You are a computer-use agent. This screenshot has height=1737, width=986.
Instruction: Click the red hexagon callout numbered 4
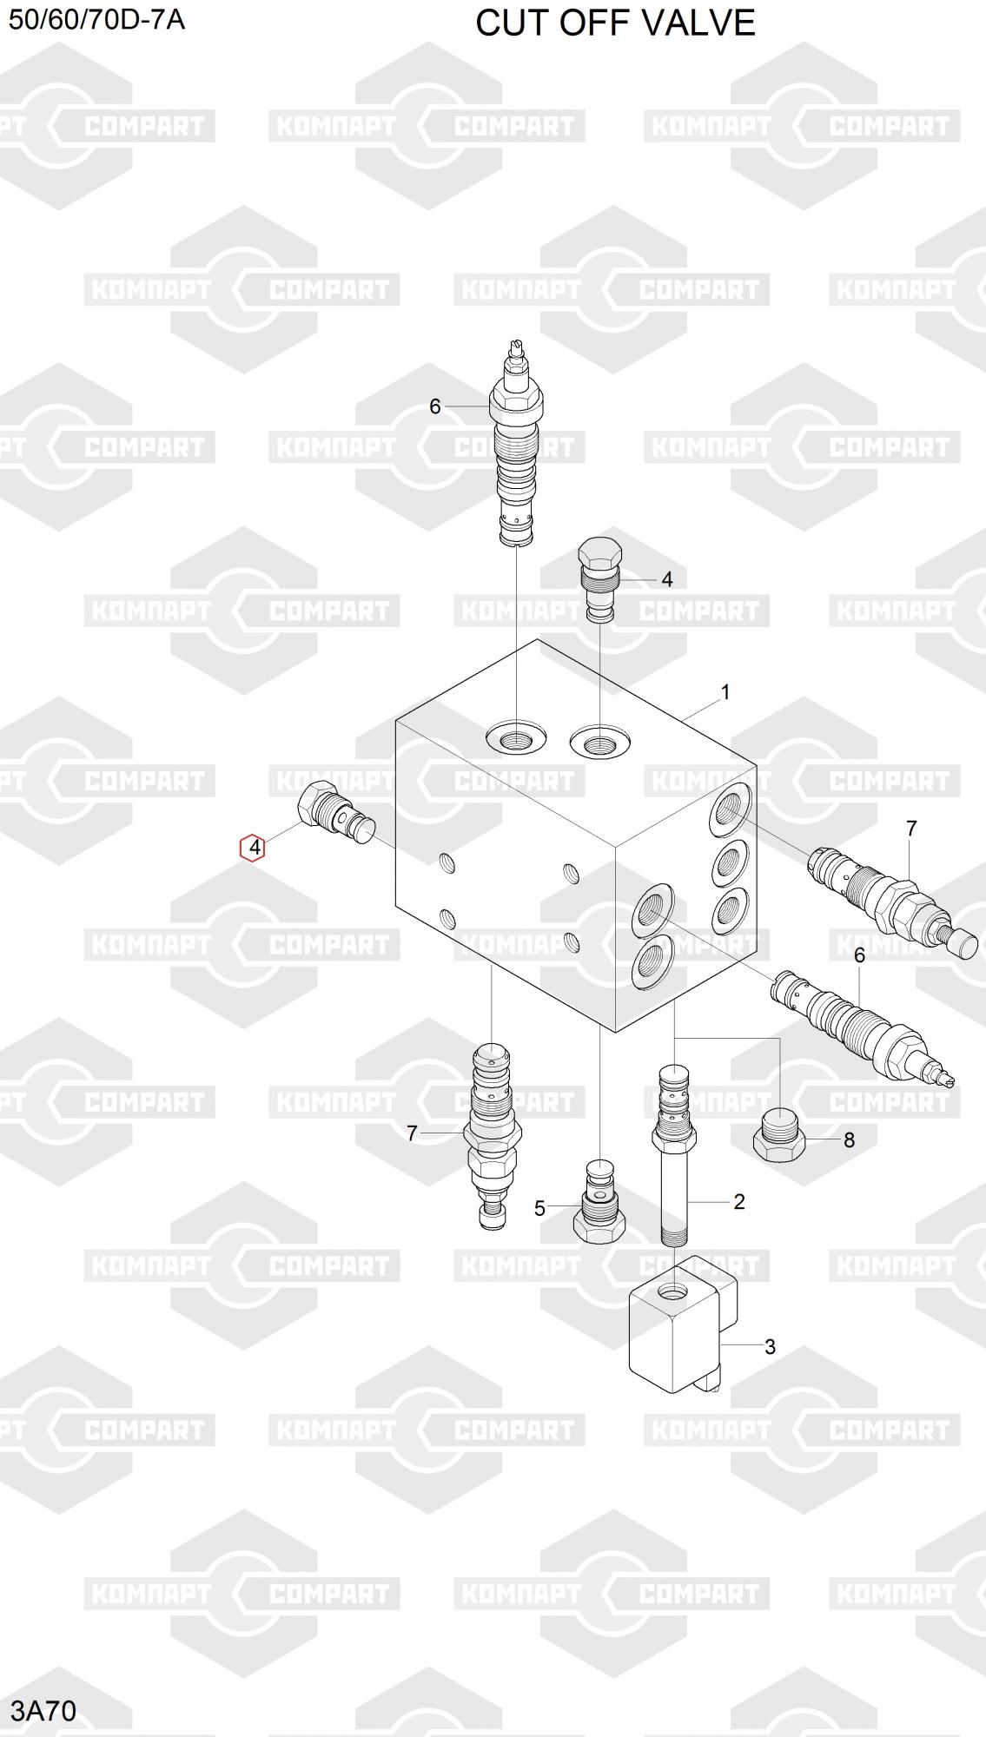(252, 847)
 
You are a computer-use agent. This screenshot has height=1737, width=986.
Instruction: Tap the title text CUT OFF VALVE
(615, 23)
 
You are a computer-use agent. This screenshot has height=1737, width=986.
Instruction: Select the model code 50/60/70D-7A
(96, 19)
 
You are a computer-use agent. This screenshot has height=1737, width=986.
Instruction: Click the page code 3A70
(43, 1710)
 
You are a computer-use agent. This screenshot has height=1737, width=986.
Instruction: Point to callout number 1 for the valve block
(725, 692)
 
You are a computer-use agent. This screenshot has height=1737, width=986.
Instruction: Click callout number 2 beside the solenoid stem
(739, 1201)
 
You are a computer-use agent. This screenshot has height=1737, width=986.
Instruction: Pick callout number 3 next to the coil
(770, 1346)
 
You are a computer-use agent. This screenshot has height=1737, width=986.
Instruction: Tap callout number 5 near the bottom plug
(539, 1208)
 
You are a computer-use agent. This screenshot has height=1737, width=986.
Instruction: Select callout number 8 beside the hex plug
(850, 1139)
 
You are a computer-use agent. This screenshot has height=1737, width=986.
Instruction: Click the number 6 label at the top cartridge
(435, 406)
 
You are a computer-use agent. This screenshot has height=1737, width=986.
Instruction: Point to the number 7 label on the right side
(911, 829)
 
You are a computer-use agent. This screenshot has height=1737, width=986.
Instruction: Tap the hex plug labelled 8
(779, 1135)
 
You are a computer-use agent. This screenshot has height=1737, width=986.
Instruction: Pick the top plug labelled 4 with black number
(599, 578)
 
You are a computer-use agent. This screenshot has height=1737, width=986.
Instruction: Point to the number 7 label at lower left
(413, 1133)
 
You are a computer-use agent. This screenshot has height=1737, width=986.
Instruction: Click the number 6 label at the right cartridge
(860, 955)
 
